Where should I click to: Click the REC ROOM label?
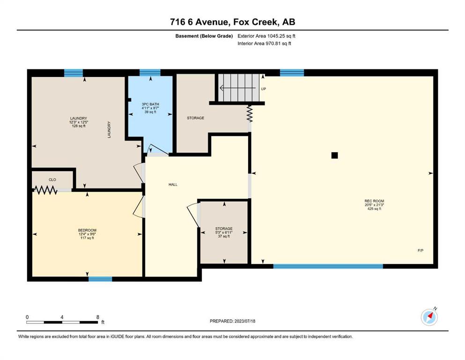[374, 201]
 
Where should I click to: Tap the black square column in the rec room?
[334, 155]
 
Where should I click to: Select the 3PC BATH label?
[150, 104]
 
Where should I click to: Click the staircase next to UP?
[239, 88]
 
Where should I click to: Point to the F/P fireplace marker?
[421, 250]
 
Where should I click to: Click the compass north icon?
[429, 317]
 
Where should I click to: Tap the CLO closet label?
[52, 180]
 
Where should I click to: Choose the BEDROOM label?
[87, 230]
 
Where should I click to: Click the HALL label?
[173, 185]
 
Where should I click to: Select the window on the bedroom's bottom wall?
[100, 279]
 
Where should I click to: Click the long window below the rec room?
[328, 266]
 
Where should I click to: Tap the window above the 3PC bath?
[150, 73]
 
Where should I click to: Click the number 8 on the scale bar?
[98, 317]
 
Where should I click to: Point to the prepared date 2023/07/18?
[244, 321]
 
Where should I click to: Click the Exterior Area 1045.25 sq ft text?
[266, 36]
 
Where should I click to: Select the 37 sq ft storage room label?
[224, 237]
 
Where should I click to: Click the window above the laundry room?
[74, 73]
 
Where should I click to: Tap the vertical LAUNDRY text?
[109, 129]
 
